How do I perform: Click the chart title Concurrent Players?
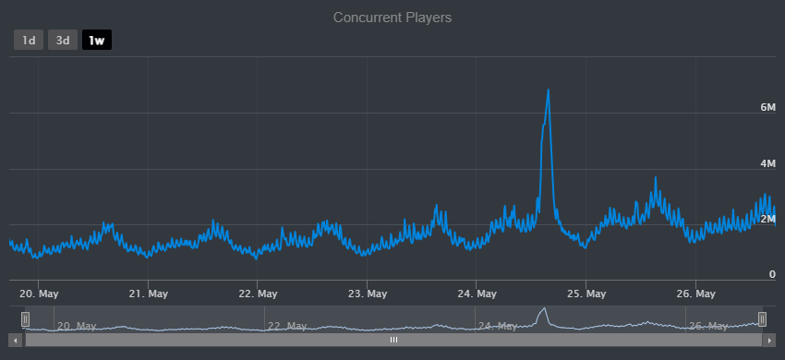(x=392, y=18)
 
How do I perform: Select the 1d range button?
(x=29, y=41)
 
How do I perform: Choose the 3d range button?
(x=63, y=41)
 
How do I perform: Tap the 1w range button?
(x=97, y=41)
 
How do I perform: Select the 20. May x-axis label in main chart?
(x=39, y=294)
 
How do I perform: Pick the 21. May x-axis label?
(x=148, y=294)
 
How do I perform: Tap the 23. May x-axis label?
(x=368, y=294)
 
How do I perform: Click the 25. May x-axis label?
(x=587, y=294)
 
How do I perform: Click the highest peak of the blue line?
(x=549, y=90)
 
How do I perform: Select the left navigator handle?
(x=26, y=318)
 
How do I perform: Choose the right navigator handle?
(x=762, y=318)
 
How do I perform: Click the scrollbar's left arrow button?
(x=18, y=340)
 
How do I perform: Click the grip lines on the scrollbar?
(x=393, y=340)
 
